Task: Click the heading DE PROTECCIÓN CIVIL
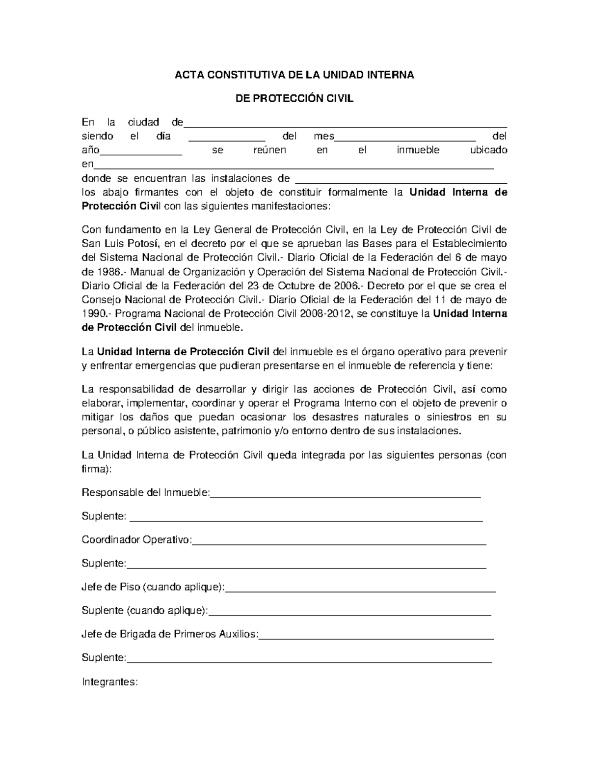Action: pos(294,99)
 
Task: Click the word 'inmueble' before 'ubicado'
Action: pos(418,150)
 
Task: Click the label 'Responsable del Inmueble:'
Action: pos(146,493)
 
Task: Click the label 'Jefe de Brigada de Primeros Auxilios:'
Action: pos(169,634)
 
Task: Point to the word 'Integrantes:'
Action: pos(109,682)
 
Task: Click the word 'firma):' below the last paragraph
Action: pos(97,469)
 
